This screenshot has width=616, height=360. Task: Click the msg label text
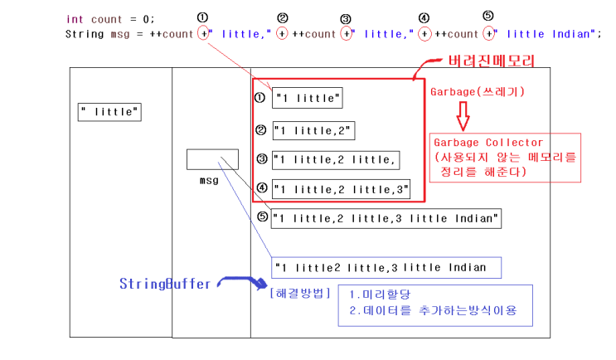[209, 179]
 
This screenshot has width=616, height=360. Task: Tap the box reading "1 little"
[307, 99]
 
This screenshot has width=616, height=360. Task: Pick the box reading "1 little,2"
[313, 130]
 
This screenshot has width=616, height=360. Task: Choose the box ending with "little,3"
[342, 190]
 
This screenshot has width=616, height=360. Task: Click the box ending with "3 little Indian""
[386, 218]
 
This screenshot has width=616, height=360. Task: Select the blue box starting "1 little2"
[386, 268]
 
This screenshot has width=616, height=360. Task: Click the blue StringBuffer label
[165, 284]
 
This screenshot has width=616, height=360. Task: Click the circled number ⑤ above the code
[488, 16]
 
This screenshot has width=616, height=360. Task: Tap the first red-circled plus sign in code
[204, 34]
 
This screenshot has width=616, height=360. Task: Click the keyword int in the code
[75, 19]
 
